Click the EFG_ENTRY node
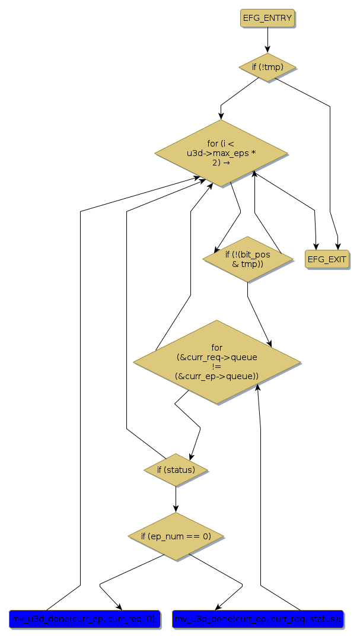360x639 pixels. tap(267, 18)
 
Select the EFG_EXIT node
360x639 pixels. tap(327, 259)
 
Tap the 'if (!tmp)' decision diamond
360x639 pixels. tap(267, 67)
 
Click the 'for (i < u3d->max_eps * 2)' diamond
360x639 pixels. tap(221, 153)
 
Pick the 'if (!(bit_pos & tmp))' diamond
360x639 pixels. tap(248, 259)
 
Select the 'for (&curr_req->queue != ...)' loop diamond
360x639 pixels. tap(217, 361)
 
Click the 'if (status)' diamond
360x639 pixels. tap(176, 470)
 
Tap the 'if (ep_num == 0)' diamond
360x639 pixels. tap(176, 536)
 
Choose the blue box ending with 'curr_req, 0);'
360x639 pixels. tap(84, 619)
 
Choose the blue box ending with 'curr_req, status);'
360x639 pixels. tap(257, 619)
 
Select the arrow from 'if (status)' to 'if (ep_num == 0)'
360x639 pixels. tap(176, 499)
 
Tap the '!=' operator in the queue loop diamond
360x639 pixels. tap(217, 366)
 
